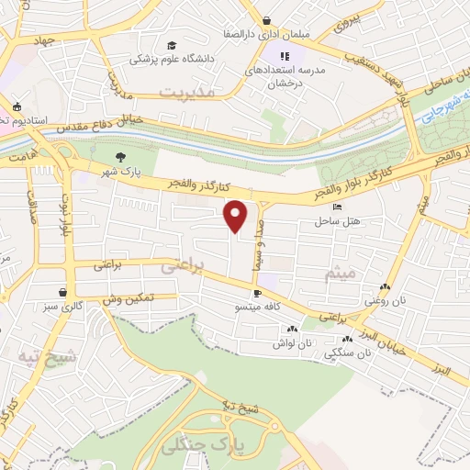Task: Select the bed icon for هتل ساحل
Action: tap(338, 208)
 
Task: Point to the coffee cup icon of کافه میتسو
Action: tap(257, 295)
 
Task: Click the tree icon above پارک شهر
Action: tap(121, 156)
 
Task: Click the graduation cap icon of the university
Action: tap(172, 45)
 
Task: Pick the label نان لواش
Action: tap(293, 342)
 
